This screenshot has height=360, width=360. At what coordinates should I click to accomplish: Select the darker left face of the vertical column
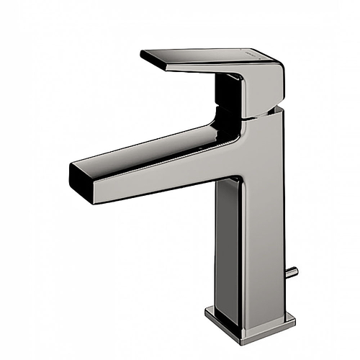226,238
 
